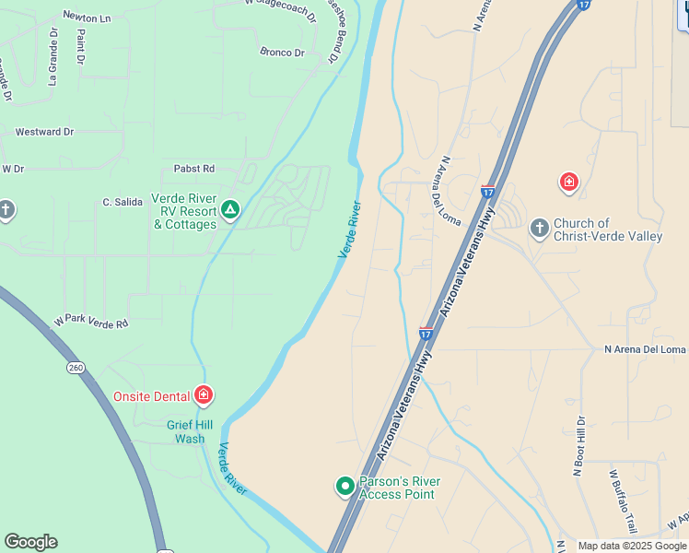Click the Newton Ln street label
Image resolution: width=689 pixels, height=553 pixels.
87,17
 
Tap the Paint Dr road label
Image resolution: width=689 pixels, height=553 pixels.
81,46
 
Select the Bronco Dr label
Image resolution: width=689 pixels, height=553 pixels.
282,53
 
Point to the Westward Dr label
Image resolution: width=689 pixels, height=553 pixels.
44,132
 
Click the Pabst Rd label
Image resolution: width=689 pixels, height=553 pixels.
193,169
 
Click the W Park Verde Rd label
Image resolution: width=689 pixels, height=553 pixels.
90,322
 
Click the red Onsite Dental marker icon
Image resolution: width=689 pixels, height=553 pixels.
204,396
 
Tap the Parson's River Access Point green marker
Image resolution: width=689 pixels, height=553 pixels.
345,486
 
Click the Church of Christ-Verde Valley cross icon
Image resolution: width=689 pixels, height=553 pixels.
539,228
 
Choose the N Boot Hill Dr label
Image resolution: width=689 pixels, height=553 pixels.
579,446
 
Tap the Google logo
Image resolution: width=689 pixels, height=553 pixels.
30,542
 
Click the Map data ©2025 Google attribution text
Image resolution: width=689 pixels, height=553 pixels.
631,546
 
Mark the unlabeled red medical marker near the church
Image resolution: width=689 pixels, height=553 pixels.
569,182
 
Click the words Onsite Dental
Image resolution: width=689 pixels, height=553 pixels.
152,396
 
